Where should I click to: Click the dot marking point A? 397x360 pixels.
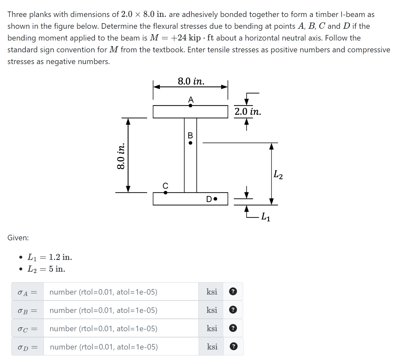pos(190,106)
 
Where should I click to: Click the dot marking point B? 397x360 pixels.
pos(190,143)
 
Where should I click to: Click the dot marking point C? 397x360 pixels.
pos(166,193)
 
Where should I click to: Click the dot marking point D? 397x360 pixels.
pos(215,199)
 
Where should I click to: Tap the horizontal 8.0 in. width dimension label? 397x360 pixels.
pos(191,81)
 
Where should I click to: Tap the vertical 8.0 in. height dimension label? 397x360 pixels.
pos(121,156)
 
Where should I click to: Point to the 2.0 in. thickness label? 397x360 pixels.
pos(248,112)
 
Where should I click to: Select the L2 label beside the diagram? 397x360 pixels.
pos(278,175)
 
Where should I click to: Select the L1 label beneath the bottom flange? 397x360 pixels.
pos(266,217)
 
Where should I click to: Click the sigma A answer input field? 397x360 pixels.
pos(120,292)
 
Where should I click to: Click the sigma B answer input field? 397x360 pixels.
pos(120,310)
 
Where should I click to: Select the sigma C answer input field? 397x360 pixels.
pos(120,328)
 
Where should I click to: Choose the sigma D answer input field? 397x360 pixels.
pos(120,347)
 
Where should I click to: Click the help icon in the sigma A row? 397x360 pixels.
pos(233,291)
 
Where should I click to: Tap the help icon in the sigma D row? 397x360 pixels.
pos(233,346)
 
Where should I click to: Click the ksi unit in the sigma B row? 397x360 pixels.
pos(212,310)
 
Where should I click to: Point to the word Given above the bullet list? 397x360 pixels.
pos(18,238)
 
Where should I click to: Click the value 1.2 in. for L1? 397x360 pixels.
pos(61,257)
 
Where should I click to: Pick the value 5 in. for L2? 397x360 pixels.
pos(57,269)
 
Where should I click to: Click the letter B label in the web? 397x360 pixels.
pos(190,135)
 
